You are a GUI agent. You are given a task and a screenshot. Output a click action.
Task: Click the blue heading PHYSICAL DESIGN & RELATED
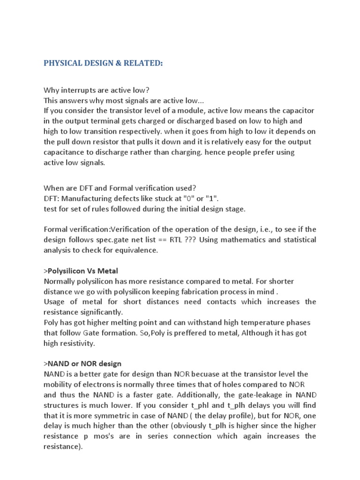[x=103, y=63]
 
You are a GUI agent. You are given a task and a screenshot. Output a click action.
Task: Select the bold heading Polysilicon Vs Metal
[x=82, y=270]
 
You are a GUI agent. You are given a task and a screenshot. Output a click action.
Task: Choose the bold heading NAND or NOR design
[x=84, y=363]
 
